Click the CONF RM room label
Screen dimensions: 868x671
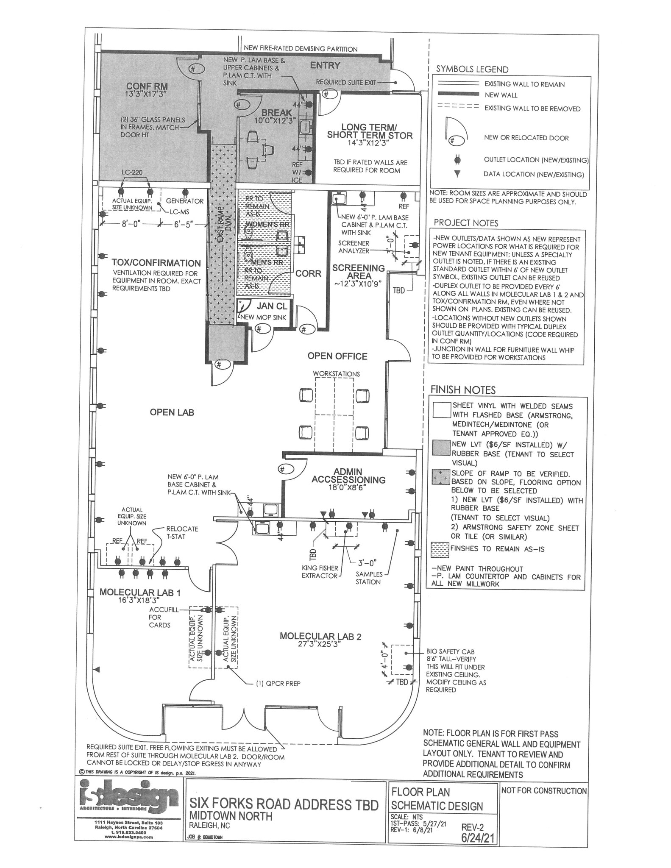[x=147, y=86]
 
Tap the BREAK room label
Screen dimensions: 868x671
[x=276, y=112]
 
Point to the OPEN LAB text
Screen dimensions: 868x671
[x=172, y=412]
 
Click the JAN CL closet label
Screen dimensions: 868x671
[x=272, y=306]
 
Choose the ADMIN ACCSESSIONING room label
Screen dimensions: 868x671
[x=348, y=476]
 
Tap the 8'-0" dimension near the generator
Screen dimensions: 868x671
[x=131, y=223]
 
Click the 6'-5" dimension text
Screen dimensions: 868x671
[x=184, y=223]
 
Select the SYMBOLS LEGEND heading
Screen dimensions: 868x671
[x=472, y=69]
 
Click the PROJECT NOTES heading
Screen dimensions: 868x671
[x=466, y=223]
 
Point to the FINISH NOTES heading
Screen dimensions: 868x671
[x=463, y=389]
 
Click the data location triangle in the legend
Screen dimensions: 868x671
[x=457, y=174]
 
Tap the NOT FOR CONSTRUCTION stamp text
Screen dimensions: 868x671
[x=543, y=791]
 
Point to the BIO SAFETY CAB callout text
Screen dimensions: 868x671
[x=450, y=651]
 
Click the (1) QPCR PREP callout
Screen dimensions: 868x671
[x=278, y=683]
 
